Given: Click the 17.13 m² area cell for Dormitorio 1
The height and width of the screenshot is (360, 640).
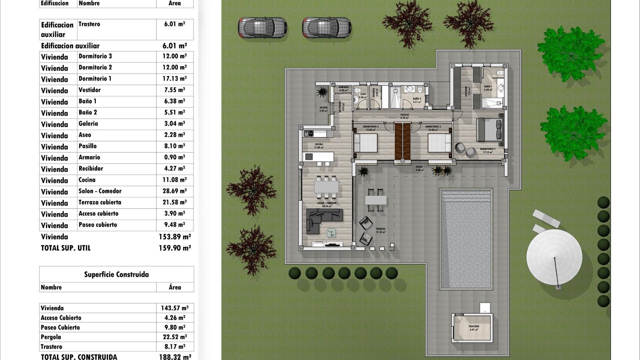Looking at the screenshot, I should click(x=174, y=79).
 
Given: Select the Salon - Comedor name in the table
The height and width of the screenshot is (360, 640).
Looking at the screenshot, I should click(x=100, y=191).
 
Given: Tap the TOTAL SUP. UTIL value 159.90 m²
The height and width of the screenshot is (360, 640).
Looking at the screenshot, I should click(x=175, y=248).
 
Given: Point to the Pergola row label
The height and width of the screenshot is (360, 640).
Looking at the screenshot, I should click(x=51, y=337).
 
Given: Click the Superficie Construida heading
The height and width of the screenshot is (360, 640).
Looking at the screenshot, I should click(x=116, y=274).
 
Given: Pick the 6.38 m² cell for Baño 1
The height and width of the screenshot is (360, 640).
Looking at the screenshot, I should click(x=174, y=101).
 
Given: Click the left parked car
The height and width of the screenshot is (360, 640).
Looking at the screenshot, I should click(x=262, y=27).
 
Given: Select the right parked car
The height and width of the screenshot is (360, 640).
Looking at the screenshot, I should click(x=327, y=27).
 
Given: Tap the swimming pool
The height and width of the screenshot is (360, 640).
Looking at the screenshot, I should click(x=466, y=239).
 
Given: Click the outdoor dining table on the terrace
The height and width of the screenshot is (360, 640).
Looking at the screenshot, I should click(x=376, y=200).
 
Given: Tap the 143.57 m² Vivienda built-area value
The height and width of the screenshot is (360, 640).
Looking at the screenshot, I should click(x=175, y=308).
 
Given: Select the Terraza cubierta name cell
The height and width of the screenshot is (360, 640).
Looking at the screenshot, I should click(x=100, y=202).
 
